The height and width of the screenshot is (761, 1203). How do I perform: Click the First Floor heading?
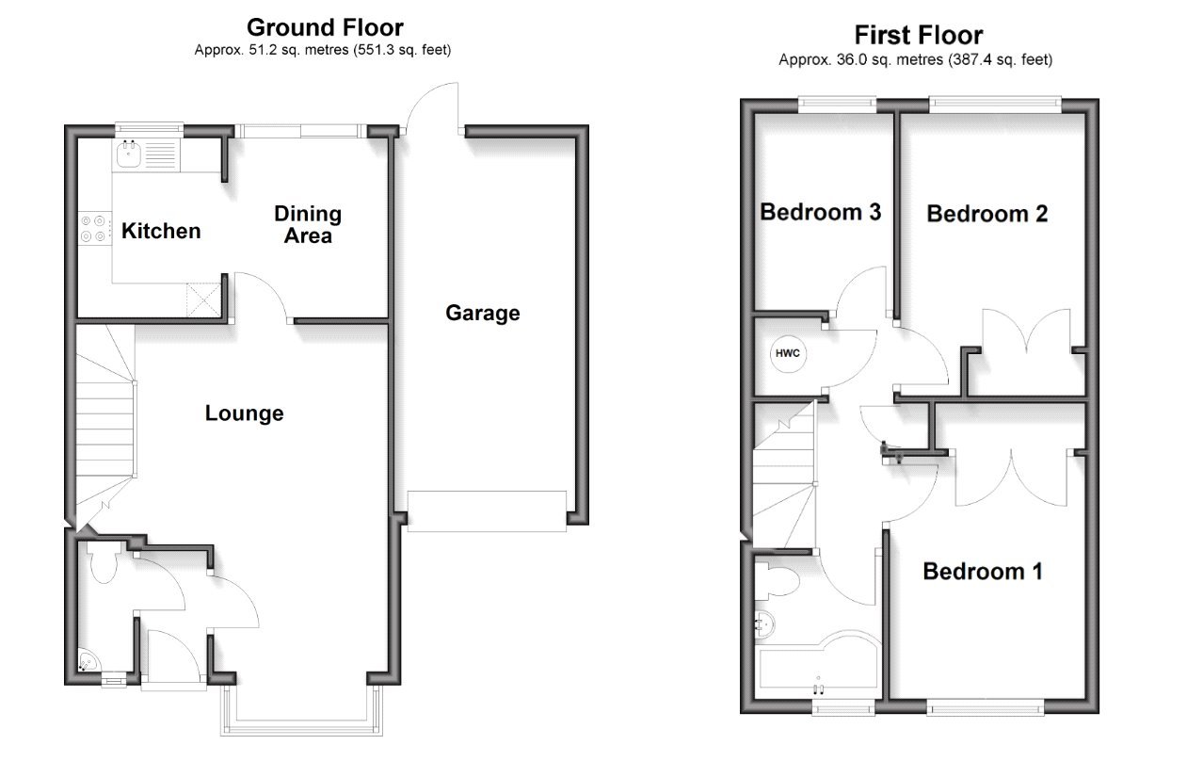918,35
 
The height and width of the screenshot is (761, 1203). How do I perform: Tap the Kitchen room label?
161,231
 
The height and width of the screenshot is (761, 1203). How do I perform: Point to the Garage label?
482,313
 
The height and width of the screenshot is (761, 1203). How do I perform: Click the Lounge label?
244,413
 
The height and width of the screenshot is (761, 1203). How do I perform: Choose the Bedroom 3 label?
820,212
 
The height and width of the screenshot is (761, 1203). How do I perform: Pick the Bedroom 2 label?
986,214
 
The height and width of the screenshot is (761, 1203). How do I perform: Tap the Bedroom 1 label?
982,571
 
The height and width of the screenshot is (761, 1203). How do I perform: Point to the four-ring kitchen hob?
92,228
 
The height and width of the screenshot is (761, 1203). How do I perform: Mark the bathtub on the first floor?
814,670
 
